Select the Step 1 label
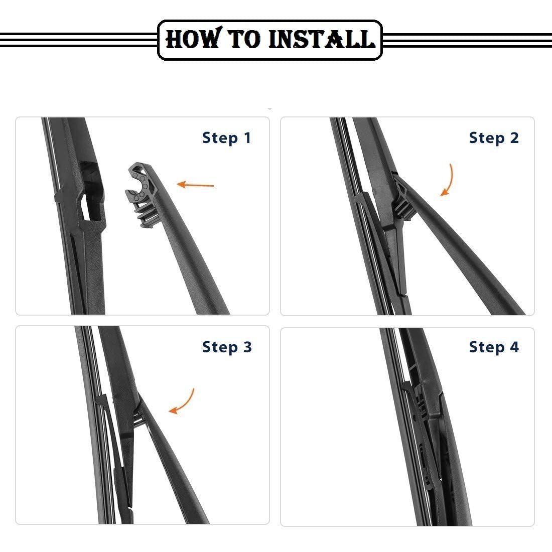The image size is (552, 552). pyautogui.click(x=227, y=138)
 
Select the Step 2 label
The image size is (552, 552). pyautogui.click(x=494, y=138)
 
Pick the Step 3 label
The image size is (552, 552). pyautogui.click(x=227, y=347)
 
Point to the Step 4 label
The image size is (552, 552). pyautogui.click(x=494, y=347)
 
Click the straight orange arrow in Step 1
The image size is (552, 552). pyautogui.click(x=195, y=185)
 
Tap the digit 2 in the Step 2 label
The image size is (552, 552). pyautogui.click(x=514, y=137)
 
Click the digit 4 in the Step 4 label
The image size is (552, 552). pyautogui.click(x=514, y=347)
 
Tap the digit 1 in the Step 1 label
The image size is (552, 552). pyautogui.click(x=248, y=137)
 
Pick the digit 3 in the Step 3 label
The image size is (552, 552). pyautogui.click(x=247, y=347)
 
